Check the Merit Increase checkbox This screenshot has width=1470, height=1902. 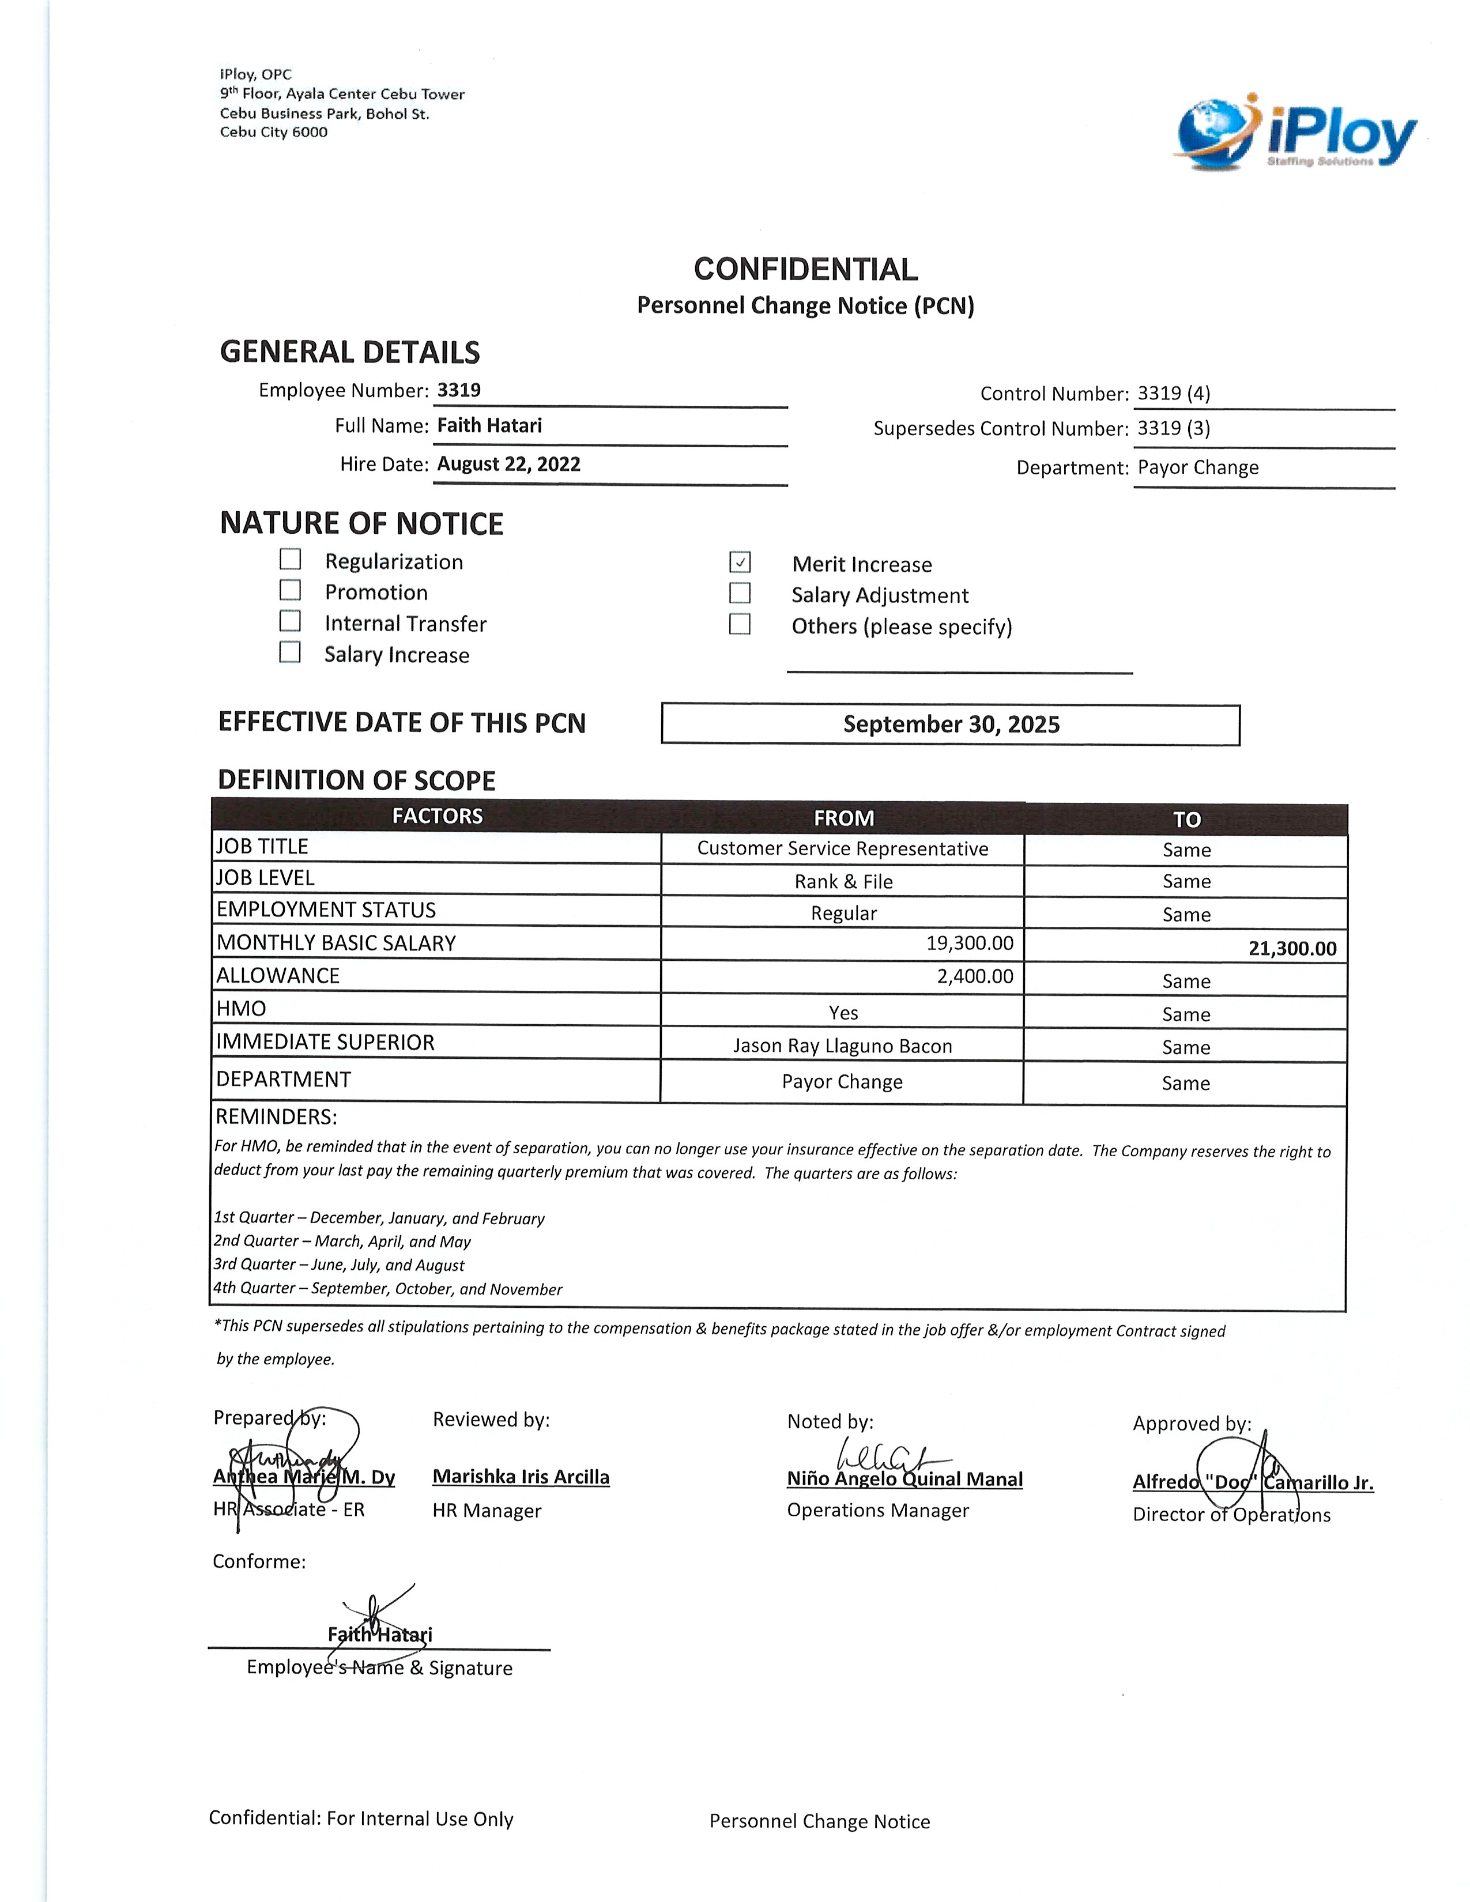click(x=740, y=563)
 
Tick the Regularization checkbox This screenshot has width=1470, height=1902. click(x=290, y=559)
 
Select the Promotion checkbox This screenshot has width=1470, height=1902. click(x=290, y=590)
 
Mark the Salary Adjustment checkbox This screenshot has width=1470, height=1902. click(x=740, y=593)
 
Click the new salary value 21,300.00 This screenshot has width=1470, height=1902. click(x=1291, y=948)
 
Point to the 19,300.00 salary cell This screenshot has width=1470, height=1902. click(x=969, y=943)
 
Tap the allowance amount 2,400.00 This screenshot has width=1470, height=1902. click(x=974, y=976)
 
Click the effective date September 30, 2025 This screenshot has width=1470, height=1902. click(x=951, y=724)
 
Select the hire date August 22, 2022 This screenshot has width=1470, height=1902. click(x=508, y=464)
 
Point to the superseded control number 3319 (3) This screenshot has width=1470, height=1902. click(x=1173, y=428)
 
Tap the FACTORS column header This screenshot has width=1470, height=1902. click(x=437, y=816)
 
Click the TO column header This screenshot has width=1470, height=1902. click(x=1186, y=820)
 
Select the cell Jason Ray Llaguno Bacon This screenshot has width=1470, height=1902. click(x=842, y=1046)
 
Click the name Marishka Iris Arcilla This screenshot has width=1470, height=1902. click(x=521, y=1477)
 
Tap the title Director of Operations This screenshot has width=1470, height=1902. click(x=1231, y=1515)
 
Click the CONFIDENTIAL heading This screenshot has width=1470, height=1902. click(x=805, y=269)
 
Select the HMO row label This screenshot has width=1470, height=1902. click(x=241, y=1009)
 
